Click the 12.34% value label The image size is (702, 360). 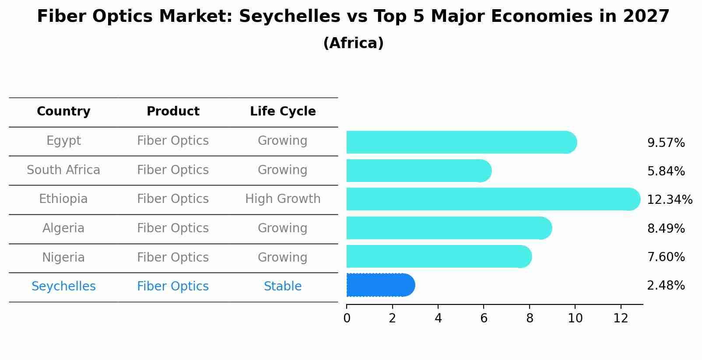coord(669,200)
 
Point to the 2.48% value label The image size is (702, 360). coord(665,286)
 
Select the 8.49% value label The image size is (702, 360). coord(665,228)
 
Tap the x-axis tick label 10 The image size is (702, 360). coord(575,318)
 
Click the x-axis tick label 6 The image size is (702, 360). coord(484,318)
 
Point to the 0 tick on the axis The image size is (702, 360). coord(347,318)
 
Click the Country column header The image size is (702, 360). coord(63,112)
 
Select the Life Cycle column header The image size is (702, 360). coord(283,112)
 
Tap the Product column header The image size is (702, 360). coord(173,112)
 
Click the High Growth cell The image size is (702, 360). coord(283,199)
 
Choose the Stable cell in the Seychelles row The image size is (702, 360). coord(283,287)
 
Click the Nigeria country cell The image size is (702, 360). coord(63,257)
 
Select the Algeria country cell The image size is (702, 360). coord(63,228)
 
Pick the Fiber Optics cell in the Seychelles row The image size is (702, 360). coord(173,287)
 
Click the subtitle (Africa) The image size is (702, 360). coord(353,43)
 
